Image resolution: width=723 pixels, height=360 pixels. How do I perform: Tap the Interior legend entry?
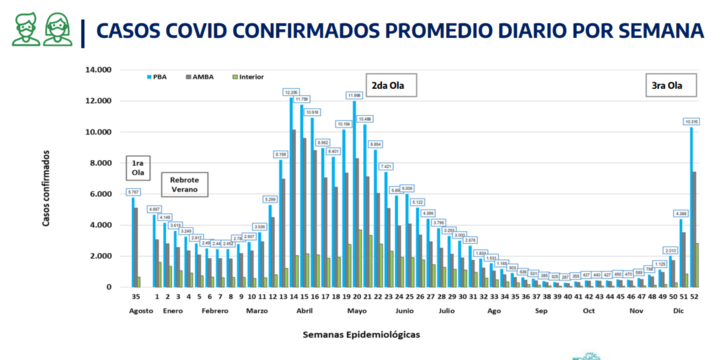point(247,77)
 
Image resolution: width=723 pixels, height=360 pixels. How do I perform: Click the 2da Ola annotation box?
point(391,85)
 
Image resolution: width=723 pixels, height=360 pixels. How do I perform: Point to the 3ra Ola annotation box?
point(670,85)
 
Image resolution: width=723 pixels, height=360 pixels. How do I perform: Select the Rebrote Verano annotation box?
point(185,185)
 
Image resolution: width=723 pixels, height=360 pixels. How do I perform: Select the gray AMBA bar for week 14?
point(294,208)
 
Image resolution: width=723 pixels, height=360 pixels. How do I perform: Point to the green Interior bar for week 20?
point(360,259)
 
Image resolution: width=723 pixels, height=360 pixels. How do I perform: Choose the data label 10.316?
point(691,122)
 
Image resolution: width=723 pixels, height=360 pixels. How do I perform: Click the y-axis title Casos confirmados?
point(47,188)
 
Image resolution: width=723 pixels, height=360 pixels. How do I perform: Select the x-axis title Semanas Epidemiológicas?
point(361,335)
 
